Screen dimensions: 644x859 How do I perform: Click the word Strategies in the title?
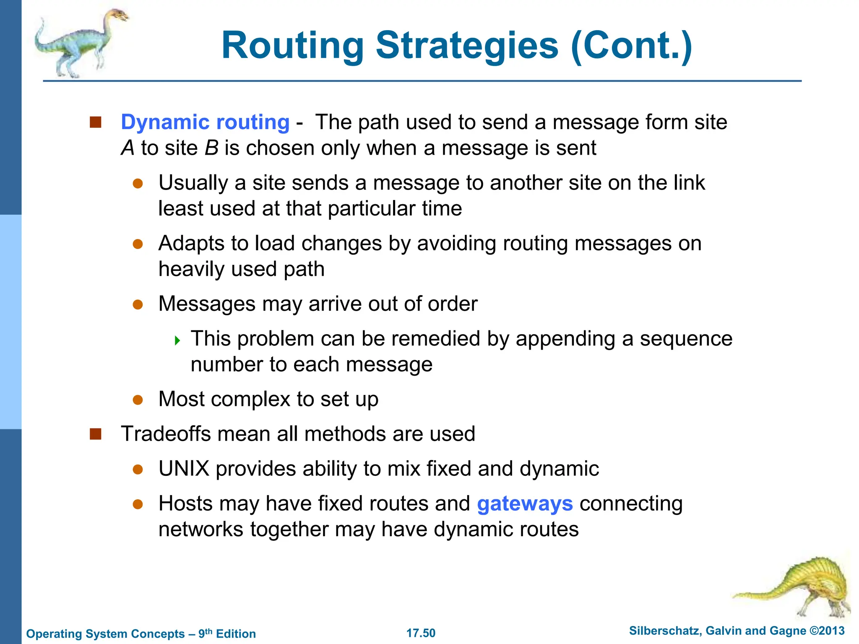click(467, 46)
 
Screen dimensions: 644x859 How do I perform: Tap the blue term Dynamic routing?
click(205, 122)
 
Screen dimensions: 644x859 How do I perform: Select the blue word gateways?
click(525, 504)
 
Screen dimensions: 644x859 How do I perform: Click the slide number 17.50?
click(421, 633)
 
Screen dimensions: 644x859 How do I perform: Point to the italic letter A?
click(128, 148)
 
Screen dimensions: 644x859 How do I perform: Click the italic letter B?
click(211, 148)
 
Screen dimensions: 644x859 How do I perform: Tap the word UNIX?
click(184, 469)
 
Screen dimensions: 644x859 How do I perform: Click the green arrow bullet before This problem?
click(177, 340)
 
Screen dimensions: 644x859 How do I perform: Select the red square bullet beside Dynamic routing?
click(96, 122)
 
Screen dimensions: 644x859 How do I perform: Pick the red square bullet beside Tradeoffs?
click(96, 434)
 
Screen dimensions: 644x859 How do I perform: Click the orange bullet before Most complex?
click(138, 400)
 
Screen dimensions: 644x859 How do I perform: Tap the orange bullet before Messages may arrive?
click(138, 304)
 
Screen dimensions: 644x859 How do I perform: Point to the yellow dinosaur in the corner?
click(801, 587)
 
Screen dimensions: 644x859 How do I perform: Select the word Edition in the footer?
click(236, 634)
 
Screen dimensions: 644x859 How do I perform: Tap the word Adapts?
click(191, 244)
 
